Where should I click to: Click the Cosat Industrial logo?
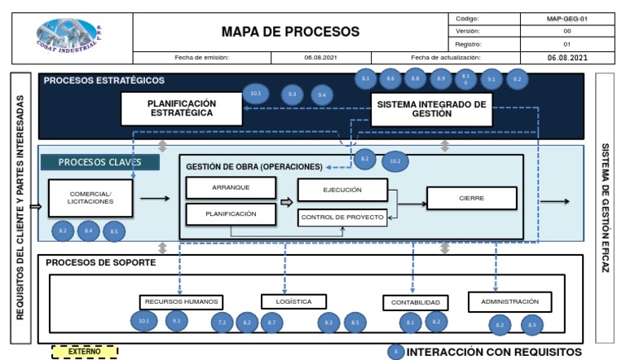pos(72,33)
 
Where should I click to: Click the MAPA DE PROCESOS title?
pos(290,32)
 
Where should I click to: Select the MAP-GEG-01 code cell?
pos(566,18)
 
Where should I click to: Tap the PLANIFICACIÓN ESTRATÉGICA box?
pos(181,108)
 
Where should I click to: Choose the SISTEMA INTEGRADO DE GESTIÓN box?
pos(432,109)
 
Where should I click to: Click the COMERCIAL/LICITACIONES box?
pos(90,198)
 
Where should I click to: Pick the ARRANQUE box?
pos(231,187)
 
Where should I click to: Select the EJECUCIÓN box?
pos(341,190)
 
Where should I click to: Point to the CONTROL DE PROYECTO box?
pos(342,217)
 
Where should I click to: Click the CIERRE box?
pos(471,198)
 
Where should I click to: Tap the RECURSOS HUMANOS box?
pos(181,301)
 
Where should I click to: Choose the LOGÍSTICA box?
pos(293,301)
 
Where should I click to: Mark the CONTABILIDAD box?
pos(416,302)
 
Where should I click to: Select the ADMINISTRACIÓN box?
pos(509,301)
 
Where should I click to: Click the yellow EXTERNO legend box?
pos(84,351)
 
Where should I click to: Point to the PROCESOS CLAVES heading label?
pos(99,162)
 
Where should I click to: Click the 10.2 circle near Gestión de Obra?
pos(395,161)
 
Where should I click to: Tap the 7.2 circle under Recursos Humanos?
pos(222,323)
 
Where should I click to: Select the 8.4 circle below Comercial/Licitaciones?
pos(88,231)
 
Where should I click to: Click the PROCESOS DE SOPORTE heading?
pos(100,263)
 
